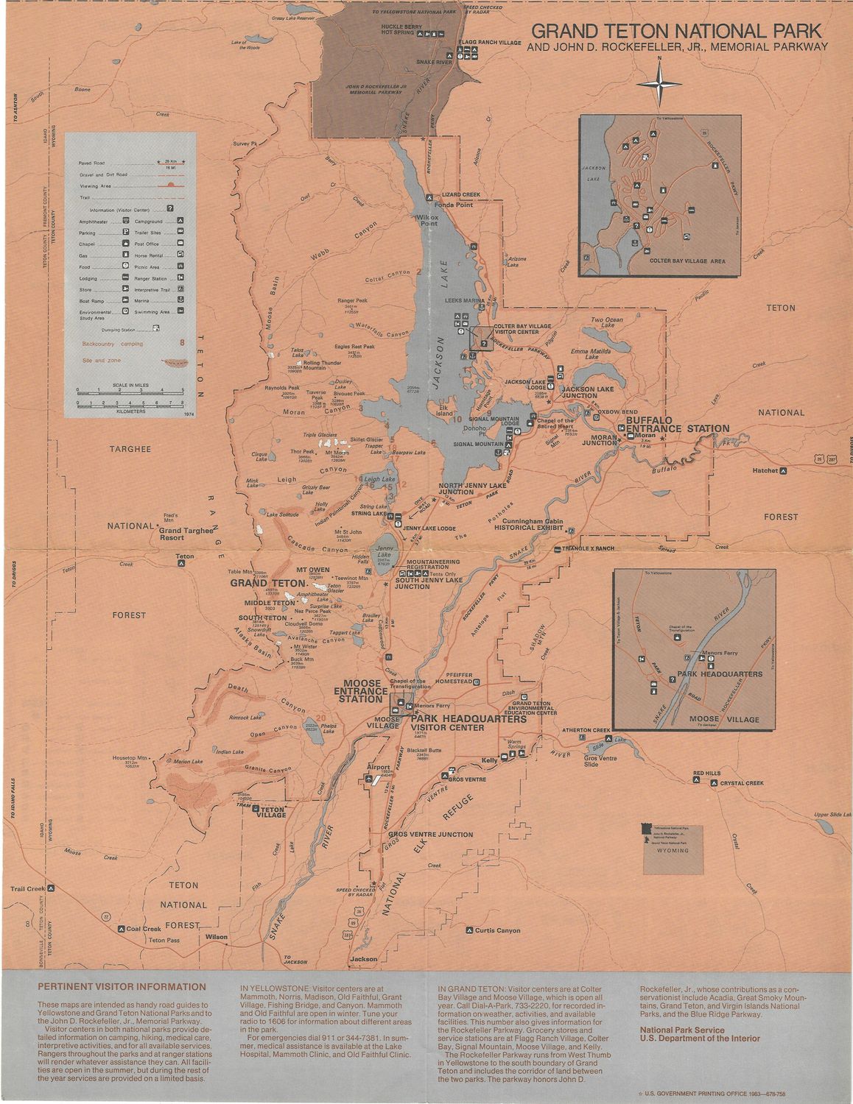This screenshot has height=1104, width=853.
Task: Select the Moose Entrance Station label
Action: point(362,691)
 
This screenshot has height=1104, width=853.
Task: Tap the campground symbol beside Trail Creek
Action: point(51,888)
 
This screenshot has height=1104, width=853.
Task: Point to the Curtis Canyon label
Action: point(497,930)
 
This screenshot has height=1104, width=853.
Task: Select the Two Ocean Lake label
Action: point(608,323)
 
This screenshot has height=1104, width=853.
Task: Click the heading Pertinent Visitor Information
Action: point(122,987)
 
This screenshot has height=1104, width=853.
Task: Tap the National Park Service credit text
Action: point(681,1030)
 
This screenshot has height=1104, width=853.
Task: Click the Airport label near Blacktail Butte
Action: point(378,767)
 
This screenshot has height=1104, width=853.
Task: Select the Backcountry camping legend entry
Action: point(113,344)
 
